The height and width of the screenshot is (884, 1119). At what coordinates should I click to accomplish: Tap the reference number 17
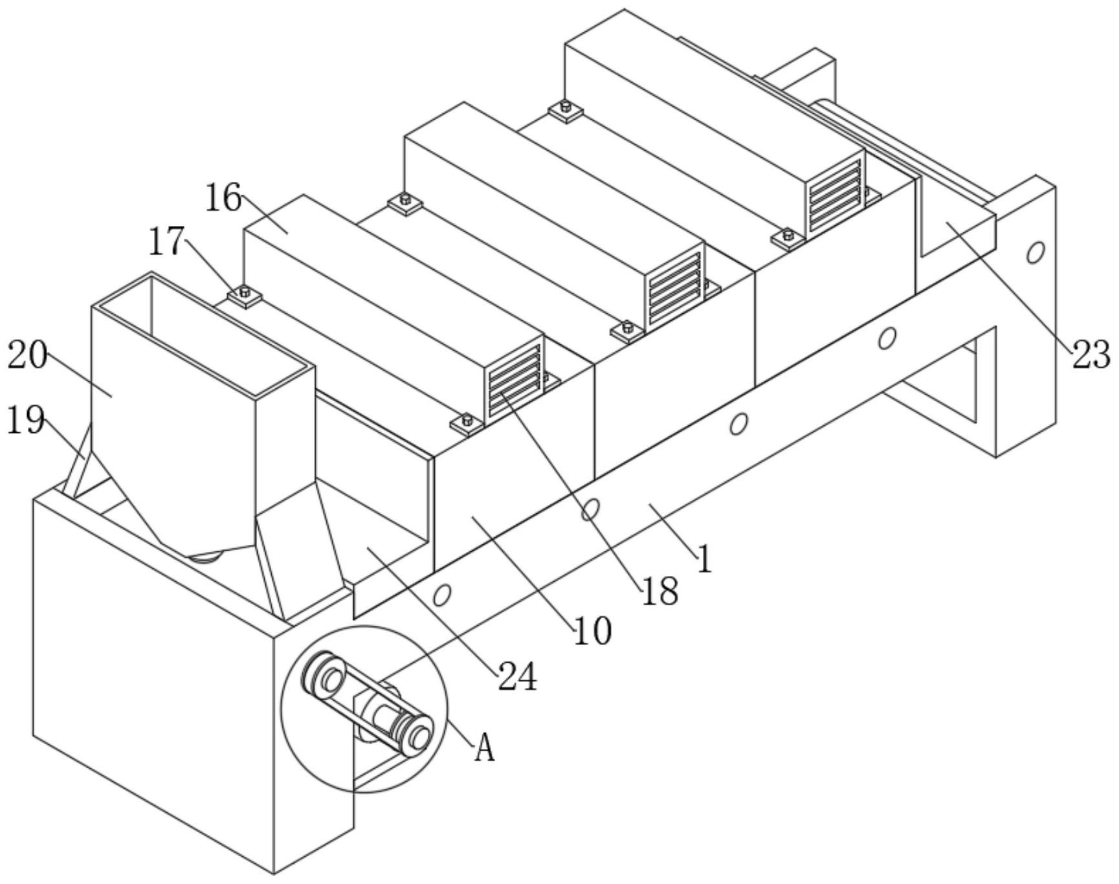[x=167, y=242]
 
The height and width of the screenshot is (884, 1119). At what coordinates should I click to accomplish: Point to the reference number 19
[x=26, y=421]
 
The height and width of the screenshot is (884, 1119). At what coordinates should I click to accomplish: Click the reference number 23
[x=1092, y=355]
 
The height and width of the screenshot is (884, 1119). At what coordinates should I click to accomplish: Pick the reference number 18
[x=659, y=591]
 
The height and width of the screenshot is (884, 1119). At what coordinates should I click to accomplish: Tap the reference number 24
[x=517, y=677]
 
